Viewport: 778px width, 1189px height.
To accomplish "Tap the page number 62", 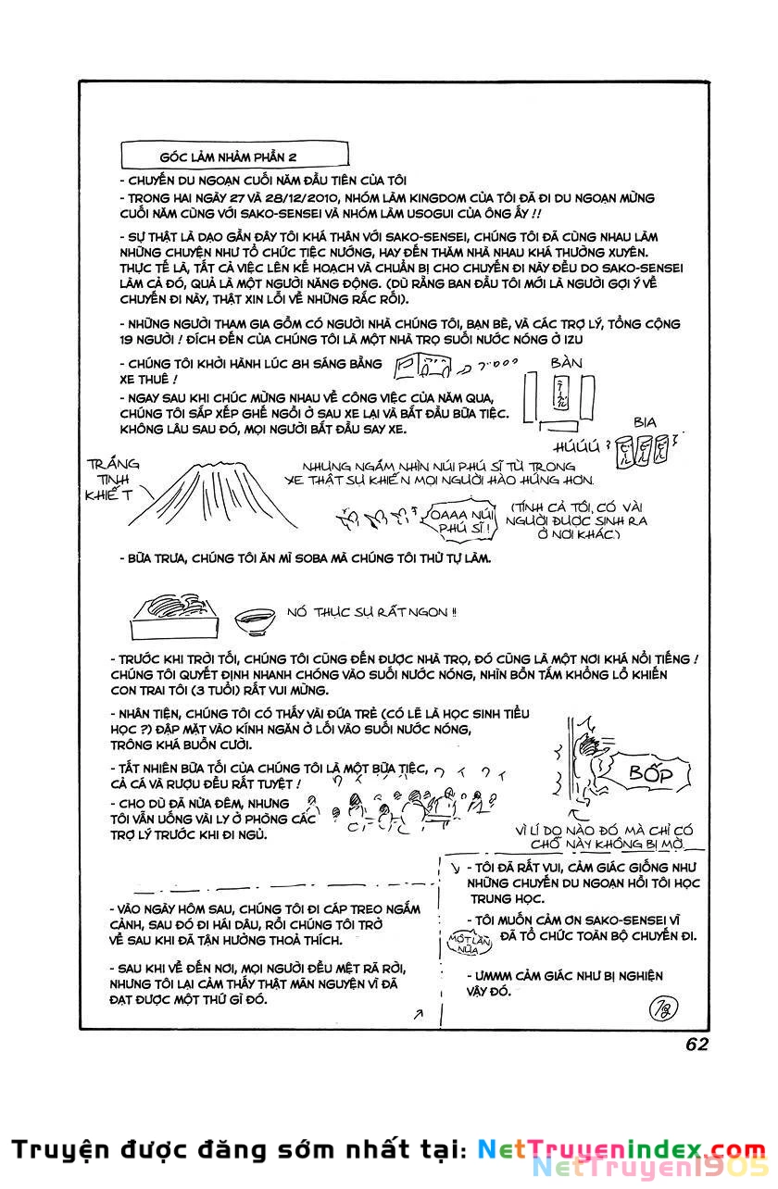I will tap(697, 1044).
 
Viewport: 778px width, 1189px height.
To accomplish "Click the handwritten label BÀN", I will tap(566, 363).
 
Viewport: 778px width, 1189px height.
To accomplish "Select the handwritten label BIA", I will tap(645, 422).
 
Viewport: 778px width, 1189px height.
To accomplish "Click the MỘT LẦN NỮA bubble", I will tap(467, 943).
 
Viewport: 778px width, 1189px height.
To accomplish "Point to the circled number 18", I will tap(663, 1004).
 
